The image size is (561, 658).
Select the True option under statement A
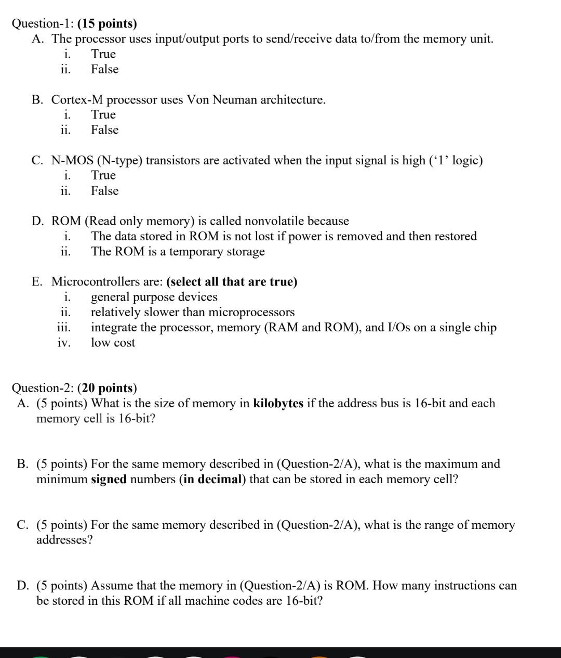pos(103,54)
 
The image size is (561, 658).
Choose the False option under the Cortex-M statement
pos(104,130)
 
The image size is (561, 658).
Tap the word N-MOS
pos(72,160)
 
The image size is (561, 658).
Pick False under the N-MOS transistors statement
pos(104,190)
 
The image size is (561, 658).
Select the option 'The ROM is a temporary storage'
pos(178,251)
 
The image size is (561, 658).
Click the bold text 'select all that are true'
pos(232,281)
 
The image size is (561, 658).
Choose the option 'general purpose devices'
pos(154,296)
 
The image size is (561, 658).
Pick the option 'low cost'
pos(113,342)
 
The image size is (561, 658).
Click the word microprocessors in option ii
pos(251,312)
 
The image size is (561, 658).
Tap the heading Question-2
pos(43,388)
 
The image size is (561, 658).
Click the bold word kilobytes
pos(278,403)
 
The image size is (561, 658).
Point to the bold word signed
pos(109,479)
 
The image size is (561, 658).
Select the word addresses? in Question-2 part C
pos(64,539)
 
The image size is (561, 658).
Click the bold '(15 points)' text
pos(107,23)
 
